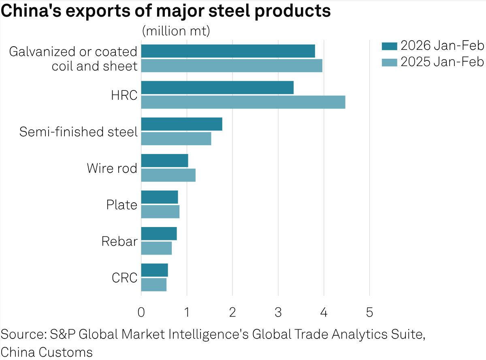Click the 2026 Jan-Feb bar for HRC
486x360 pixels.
click(217, 88)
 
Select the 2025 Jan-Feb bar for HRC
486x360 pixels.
click(243, 102)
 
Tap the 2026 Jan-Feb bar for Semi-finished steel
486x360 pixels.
click(181, 124)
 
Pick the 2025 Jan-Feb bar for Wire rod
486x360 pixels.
click(168, 175)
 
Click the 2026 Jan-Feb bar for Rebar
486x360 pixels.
click(159, 234)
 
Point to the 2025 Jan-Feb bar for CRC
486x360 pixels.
click(153, 285)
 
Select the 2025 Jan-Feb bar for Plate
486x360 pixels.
click(160, 212)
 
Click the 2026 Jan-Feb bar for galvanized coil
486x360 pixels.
click(228, 51)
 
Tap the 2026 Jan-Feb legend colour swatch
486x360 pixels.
click(389, 46)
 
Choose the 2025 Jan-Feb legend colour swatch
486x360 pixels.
click(389, 62)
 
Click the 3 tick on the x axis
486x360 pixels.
click(278, 313)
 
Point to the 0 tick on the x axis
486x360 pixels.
click(141, 313)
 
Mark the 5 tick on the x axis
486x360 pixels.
click(369, 313)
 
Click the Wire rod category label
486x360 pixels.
click(112, 168)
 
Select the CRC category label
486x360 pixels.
click(124, 278)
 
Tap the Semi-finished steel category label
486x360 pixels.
click(79, 132)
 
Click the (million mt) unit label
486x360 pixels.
click(176, 31)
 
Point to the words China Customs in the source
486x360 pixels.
click(47, 351)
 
